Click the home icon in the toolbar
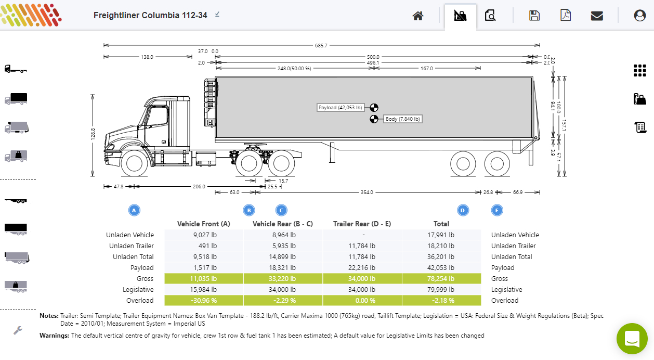(x=418, y=16)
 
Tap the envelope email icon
(x=597, y=16)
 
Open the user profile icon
(x=639, y=16)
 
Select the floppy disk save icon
(x=534, y=16)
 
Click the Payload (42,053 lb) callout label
(x=340, y=108)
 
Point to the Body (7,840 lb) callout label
(x=402, y=119)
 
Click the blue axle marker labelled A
(x=134, y=210)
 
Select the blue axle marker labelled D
(x=463, y=210)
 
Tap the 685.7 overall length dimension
(x=321, y=46)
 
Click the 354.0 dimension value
(x=367, y=192)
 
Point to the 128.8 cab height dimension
(x=93, y=134)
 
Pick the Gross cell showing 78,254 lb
(x=441, y=278)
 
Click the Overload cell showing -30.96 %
(x=203, y=300)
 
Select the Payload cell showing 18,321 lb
(x=283, y=268)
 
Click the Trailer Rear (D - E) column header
(x=362, y=224)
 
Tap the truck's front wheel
(x=134, y=163)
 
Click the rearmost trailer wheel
(x=497, y=164)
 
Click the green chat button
(x=632, y=338)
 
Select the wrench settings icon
(x=18, y=330)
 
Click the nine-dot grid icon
(x=639, y=71)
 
